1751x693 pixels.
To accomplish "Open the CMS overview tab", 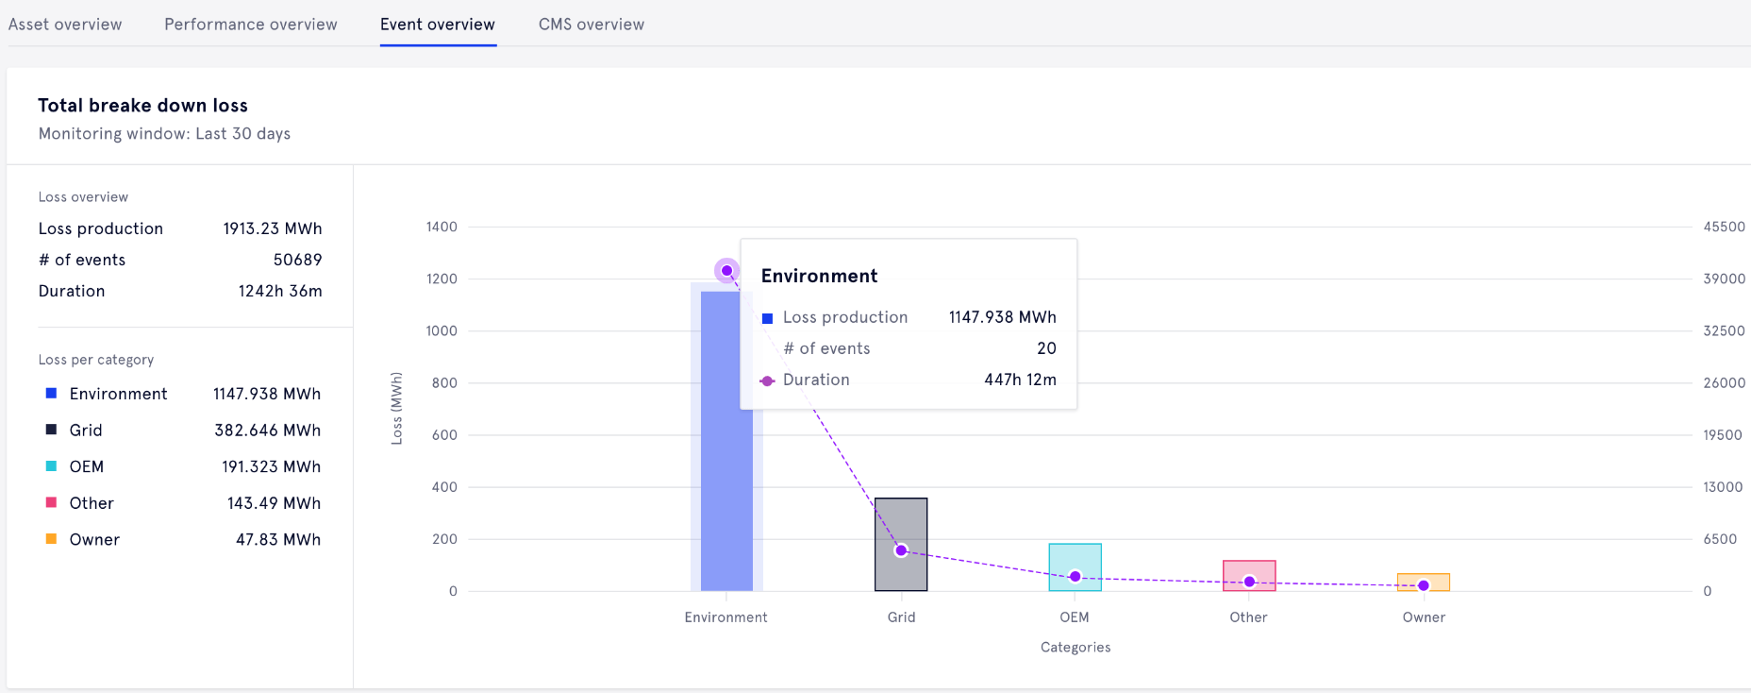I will click(x=591, y=25).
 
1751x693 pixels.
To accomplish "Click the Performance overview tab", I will click(x=250, y=25).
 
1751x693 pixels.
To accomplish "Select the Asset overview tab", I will click(x=65, y=25).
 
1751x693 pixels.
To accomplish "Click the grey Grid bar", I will click(x=901, y=529).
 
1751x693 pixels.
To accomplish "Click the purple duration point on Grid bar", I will click(x=901, y=550).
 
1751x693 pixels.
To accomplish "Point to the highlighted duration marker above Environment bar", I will click(x=726, y=271).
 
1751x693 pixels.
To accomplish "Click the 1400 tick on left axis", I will click(x=442, y=227).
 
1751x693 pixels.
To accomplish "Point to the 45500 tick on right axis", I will click(x=1724, y=227).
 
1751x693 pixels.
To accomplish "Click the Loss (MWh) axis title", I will click(x=397, y=408).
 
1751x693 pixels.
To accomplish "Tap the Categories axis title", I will click(x=1076, y=647).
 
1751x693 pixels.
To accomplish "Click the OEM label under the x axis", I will click(x=1075, y=617).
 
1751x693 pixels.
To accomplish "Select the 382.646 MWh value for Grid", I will click(x=267, y=431).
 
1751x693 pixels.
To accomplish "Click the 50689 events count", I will click(x=297, y=260).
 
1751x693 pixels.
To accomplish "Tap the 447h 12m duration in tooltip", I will click(x=1020, y=380).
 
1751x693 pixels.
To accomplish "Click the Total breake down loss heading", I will click(x=142, y=106).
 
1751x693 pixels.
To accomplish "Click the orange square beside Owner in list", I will click(x=52, y=539).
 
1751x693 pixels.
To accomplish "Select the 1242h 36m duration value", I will click(x=280, y=291).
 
